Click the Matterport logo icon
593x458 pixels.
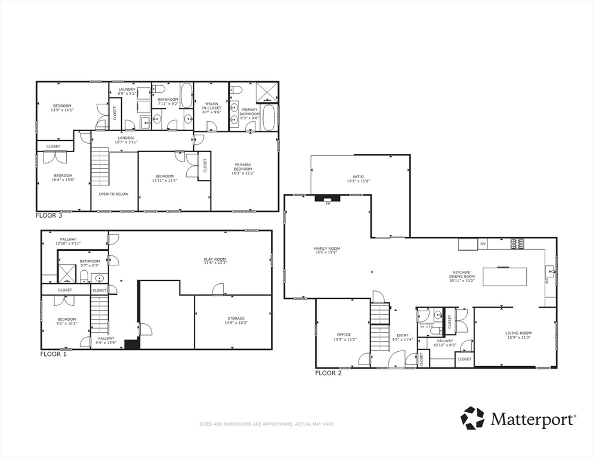[x=472, y=418]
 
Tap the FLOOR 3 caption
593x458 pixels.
[x=49, y=215]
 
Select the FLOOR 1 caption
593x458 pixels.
[x=53, y=354]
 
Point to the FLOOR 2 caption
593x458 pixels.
[x=328, y=373]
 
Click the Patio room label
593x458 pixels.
[x=358, y=179]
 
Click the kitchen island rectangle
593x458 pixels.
[x=505, y=277]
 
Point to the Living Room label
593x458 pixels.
[x=518, y=335]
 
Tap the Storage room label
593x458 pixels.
[x=236, y=320]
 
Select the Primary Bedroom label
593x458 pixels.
[x=243, y=168]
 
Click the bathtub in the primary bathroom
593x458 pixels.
[x=269, y=118]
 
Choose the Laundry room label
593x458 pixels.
[x=127, y=91]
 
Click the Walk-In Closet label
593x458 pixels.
[x=212, y=106]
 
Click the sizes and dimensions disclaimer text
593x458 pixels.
[x=266, y=424]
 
